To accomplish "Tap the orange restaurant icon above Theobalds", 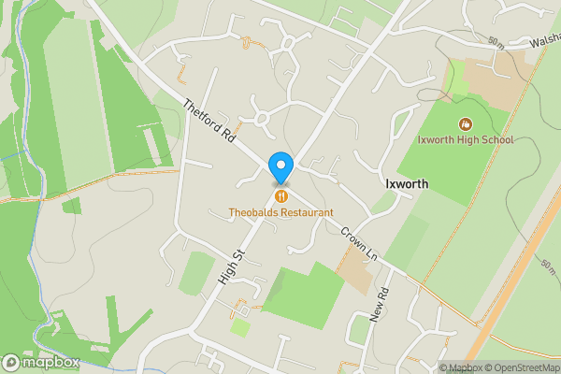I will (x=280, y=194).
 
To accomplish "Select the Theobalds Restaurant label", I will (x=281, y=212).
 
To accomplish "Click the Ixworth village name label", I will (x=407, y=184).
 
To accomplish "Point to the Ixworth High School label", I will (x=466, y=140).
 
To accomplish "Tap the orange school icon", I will (x=466, y=123).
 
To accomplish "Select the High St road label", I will (x=231, y=267).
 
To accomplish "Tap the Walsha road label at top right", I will (x=542, y=41).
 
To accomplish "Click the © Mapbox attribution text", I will (x=458, y=367).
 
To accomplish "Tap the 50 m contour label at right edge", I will (x=548, y=266).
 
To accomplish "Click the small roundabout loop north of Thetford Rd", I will (x=261, y=119).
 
